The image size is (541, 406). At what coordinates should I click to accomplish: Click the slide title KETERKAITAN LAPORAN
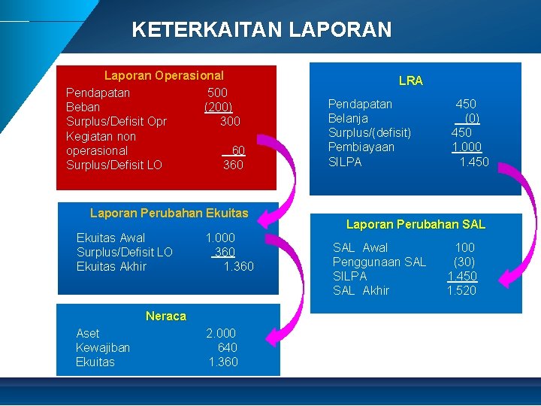click(x=261, y=30)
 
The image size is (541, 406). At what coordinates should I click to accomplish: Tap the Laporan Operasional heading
click(x=164, y=75)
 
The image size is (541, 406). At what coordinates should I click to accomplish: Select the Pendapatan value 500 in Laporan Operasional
click(x=217, y=92)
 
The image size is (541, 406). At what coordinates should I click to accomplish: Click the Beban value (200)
click(x=218, y=107)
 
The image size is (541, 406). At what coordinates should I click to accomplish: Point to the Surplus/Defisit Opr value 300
click(x=230, y=121)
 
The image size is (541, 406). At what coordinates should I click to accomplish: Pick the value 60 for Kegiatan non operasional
click(x=237, y=150)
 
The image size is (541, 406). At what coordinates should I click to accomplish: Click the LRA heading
click(x=411, y=80)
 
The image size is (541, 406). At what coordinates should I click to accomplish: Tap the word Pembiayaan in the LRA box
click(x=361, y=147)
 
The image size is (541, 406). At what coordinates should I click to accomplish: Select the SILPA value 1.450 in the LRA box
click(x=474, y=162)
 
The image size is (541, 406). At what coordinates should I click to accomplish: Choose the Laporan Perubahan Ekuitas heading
click(x=169, y=213)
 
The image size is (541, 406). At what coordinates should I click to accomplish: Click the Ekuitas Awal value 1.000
click(x=220, y=238)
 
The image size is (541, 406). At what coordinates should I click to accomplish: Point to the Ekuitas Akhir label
click(x=111, y=267)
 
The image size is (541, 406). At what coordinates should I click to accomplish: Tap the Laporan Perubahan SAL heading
click(x=416, y=224)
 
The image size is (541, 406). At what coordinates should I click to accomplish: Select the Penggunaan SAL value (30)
click(x=464, y=262)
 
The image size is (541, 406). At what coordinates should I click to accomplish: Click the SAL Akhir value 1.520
click(x=461, y=290)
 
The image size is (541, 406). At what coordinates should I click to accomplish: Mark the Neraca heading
click(x=166, y=316)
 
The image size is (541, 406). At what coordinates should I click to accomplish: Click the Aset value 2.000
click(x=221, y=333)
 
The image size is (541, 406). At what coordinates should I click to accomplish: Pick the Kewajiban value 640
click(x=227, y=347)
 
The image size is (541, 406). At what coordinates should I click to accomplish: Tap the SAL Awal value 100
click(x=465, y=247)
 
